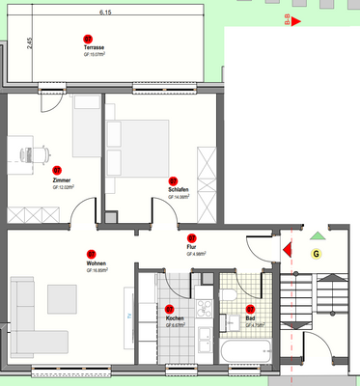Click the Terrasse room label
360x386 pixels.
tap(95, 47)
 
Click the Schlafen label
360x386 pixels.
tap(178, 190)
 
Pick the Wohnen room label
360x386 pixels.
tap(96, 263)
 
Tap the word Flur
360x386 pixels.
tap(191, 247)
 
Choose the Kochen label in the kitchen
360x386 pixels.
tap(175, 318)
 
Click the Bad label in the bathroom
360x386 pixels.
tap(251, 318)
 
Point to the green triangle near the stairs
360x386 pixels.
tap(317, 234)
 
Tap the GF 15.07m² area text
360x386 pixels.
tap(95, 55)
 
